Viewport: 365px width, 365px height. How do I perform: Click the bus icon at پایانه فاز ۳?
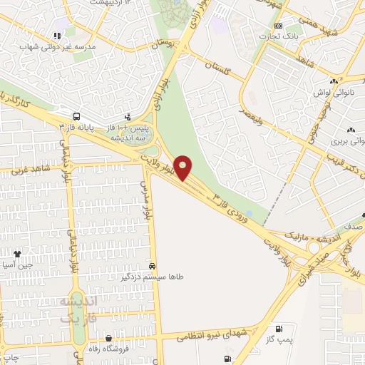pyautogui.click(x=76, y=116)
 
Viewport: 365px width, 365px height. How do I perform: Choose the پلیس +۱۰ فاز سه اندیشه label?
pyautogui.click(x=128, y=131)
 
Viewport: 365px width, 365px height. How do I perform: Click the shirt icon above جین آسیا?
pyautogui.click(x=17, y=253)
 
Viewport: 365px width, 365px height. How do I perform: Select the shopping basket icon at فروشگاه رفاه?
pyautogui.click(x=108, y=339)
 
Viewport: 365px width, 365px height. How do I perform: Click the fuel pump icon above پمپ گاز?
pyautogui.click(x=277, y=329)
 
